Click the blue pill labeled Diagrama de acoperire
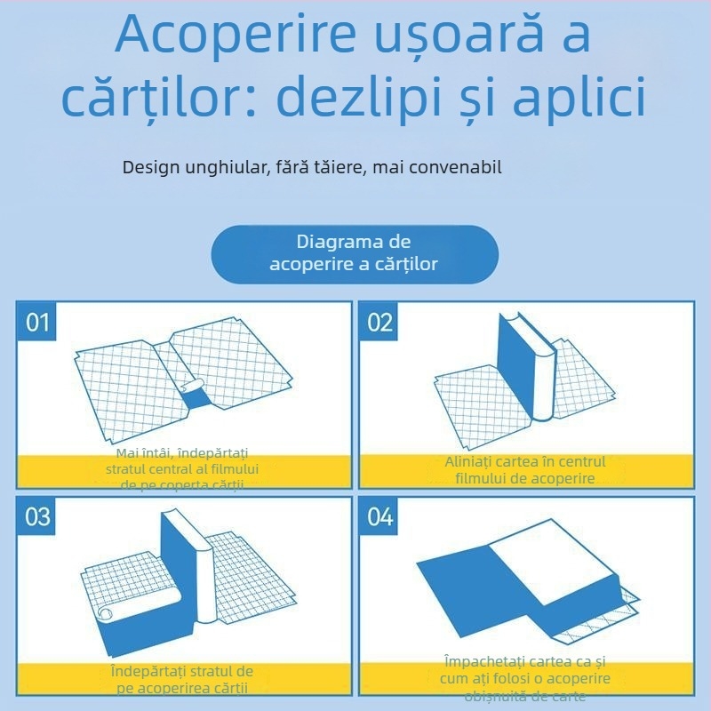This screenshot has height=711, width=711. pos(354,253)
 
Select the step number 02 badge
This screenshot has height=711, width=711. pos(379,322)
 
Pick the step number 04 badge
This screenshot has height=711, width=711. pos(379,516)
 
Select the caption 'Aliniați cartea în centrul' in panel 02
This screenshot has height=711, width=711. pos(525,462)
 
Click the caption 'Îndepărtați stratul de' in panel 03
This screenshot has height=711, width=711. pos(182,670)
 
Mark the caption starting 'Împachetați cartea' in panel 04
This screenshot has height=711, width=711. pos(527,662)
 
